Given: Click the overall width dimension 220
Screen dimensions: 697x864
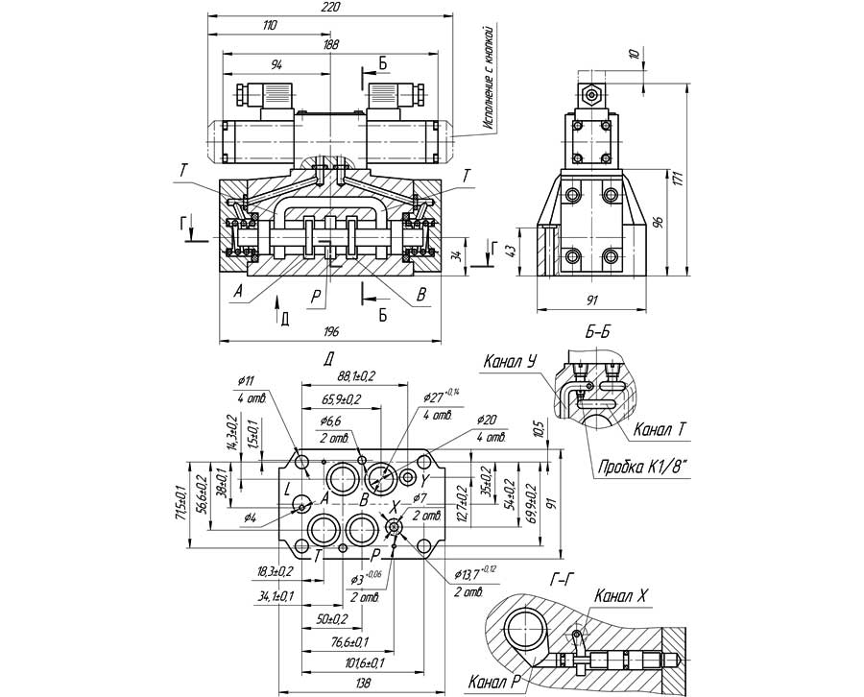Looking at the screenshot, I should point(329,8).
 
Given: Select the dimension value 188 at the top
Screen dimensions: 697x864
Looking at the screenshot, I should point(331,44).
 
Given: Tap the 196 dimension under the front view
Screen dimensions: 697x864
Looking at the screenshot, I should point(331,332).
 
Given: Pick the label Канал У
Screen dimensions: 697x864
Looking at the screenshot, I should point(509,362).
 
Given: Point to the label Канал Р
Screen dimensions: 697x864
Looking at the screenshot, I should point(493,683).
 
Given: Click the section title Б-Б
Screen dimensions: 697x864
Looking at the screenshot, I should point(597,332).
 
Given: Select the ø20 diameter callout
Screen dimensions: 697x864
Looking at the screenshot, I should point(486,420).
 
